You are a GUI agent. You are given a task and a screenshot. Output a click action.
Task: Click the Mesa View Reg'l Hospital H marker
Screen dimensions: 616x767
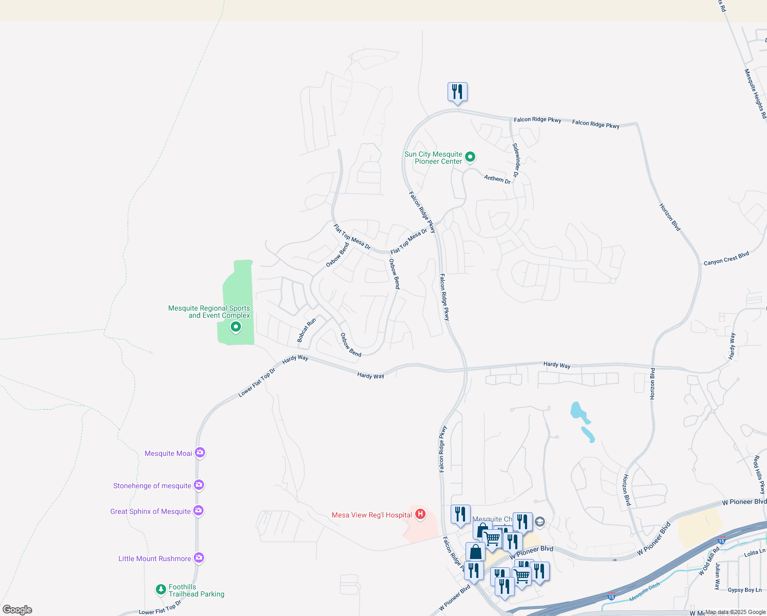[420, 514]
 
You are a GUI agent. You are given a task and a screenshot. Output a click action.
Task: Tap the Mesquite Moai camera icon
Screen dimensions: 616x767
[200, 453]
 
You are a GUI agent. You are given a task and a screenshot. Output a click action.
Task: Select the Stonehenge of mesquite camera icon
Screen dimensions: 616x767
[199, 485]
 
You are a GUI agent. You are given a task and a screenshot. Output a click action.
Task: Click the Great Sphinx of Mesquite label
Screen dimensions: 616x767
[150, 511]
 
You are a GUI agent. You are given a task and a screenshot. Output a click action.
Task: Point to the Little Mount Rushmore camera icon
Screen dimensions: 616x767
[199, 558]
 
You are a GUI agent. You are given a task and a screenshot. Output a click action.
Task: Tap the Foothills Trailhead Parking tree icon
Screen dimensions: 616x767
[161, 590]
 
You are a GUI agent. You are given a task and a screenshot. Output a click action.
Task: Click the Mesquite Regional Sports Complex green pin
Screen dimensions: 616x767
[236, 326]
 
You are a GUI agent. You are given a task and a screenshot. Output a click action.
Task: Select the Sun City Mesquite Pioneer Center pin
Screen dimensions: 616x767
[470, 157]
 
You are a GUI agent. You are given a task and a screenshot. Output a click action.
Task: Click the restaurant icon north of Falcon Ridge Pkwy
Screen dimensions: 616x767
[457, 92]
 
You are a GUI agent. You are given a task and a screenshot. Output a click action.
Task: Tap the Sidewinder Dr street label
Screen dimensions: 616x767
[517, 160]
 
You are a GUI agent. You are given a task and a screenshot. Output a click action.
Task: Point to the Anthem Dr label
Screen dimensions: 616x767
[497, 179]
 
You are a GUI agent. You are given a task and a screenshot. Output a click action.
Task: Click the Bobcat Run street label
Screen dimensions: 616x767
[307, 330]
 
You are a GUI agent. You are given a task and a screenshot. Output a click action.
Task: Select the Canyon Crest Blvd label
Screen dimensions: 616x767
[726, 259]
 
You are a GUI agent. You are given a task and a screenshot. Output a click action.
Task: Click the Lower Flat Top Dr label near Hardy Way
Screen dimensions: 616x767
[256, 383]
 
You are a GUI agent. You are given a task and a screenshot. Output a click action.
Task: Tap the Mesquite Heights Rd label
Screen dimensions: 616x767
[755, 93]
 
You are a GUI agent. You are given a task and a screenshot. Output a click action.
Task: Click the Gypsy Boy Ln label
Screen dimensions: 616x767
[744, 590]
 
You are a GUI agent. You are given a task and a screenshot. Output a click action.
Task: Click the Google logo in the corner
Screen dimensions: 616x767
[17, 610]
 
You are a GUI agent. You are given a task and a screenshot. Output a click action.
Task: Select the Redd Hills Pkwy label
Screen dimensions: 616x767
[759, 475]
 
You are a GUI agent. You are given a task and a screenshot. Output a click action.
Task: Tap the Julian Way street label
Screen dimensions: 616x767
[718, 576]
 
